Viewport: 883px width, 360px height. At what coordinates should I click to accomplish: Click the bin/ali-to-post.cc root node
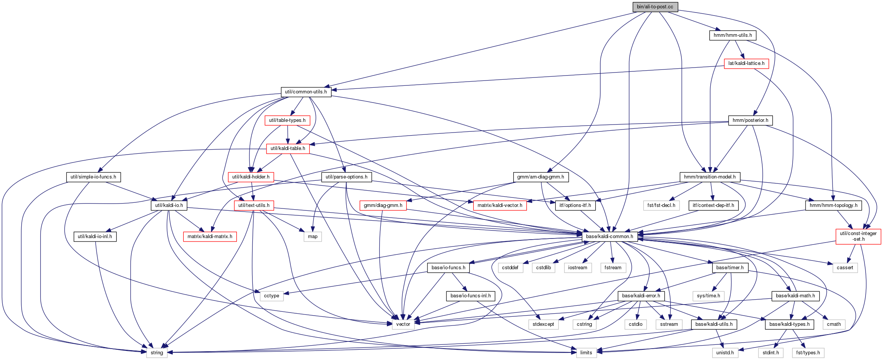(655, 7)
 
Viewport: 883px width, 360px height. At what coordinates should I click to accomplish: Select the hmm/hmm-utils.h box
(733, 35)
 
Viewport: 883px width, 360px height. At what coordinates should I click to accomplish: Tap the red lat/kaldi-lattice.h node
(746, 63)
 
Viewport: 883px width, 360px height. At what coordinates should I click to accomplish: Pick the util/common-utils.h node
(306, 92)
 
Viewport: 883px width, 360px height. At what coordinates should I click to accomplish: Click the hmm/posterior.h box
(751, 120)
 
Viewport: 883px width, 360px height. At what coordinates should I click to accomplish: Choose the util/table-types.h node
(287, 120)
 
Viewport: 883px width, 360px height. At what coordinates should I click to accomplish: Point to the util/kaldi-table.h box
(288, 148)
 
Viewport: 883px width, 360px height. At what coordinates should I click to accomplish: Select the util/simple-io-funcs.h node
(93, 177)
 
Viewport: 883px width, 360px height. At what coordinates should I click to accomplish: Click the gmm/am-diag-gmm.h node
(541, 177)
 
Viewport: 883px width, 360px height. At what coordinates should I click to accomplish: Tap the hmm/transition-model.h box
(710, 177)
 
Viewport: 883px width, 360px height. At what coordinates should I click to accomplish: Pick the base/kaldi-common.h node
(610, 237)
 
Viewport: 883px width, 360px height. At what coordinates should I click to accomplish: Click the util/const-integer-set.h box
(858, 236)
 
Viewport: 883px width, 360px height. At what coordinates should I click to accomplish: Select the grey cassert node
(845, 268)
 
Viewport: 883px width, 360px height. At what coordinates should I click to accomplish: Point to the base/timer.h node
(730, 268)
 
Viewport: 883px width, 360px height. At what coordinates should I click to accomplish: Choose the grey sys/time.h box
(708, 296)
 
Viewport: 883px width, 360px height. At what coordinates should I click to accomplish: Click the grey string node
(157, 353)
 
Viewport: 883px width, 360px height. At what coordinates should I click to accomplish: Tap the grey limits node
(586, 353)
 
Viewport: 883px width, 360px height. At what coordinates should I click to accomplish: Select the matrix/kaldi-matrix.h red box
(210, 237)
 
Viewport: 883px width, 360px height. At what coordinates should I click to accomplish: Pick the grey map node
(313, 237)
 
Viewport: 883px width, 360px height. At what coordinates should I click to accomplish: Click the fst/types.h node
(808, 353)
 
